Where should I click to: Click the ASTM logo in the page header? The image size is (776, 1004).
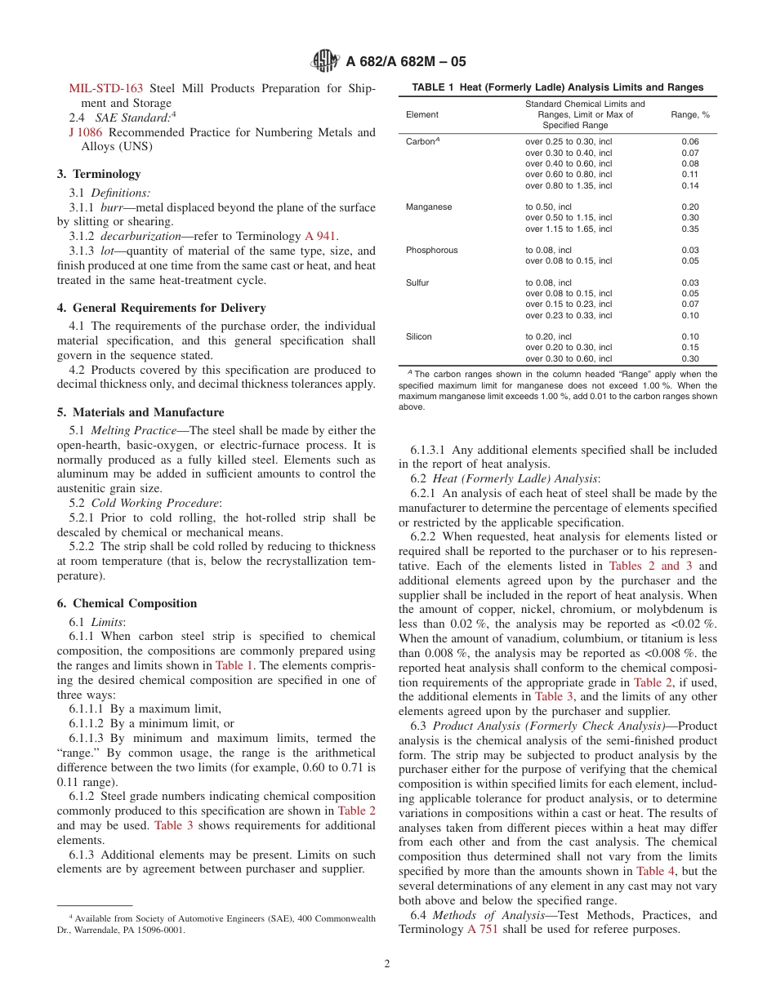(326, 62)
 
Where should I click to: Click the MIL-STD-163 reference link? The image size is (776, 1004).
(106, 88)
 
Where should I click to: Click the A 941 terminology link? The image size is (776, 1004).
(320, 236)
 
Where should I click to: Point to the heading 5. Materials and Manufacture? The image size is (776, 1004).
(140, 412)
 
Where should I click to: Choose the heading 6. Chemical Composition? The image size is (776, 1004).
(127, 603)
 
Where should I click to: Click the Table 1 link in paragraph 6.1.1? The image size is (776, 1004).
(234, 665)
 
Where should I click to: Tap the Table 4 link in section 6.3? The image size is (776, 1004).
(649, 871)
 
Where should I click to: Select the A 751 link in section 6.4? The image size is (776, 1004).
(482, 930)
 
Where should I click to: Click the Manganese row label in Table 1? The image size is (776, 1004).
(428, 207)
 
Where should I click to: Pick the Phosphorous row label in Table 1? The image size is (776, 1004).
(431, 251)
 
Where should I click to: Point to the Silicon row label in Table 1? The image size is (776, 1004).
(419, 336)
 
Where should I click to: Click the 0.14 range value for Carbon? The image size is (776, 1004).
(689, 185)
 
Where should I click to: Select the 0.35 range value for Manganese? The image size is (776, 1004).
(689, 229)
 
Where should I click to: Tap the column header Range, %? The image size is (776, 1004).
(689, 115)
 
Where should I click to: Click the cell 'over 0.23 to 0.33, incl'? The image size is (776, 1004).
(568, 315)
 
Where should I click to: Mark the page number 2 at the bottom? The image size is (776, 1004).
(387, 963)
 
